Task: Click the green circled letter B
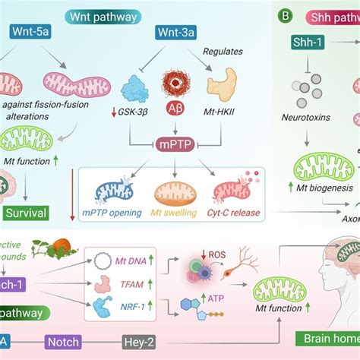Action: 285,14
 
